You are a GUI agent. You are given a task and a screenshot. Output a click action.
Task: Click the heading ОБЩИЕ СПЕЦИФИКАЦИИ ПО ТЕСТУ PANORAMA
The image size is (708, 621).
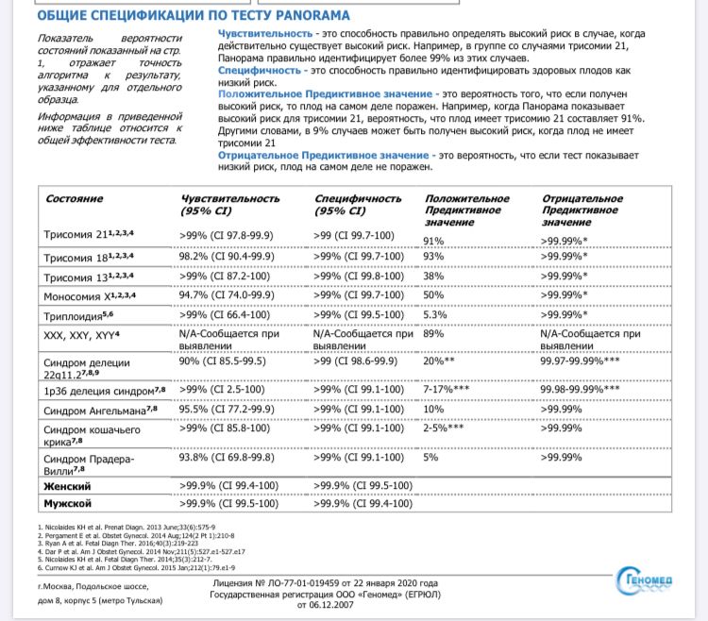pyautogui.click(x=193, y=16)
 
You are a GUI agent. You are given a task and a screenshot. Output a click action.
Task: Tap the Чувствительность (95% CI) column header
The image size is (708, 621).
pyautogui.click(x=230, y=205)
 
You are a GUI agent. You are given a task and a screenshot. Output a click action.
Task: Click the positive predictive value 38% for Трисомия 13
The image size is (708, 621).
pyautogui.click(x=434, y=277)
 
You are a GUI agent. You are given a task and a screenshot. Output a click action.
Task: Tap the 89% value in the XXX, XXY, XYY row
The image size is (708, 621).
pyautogui.click(x=434, y=333)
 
